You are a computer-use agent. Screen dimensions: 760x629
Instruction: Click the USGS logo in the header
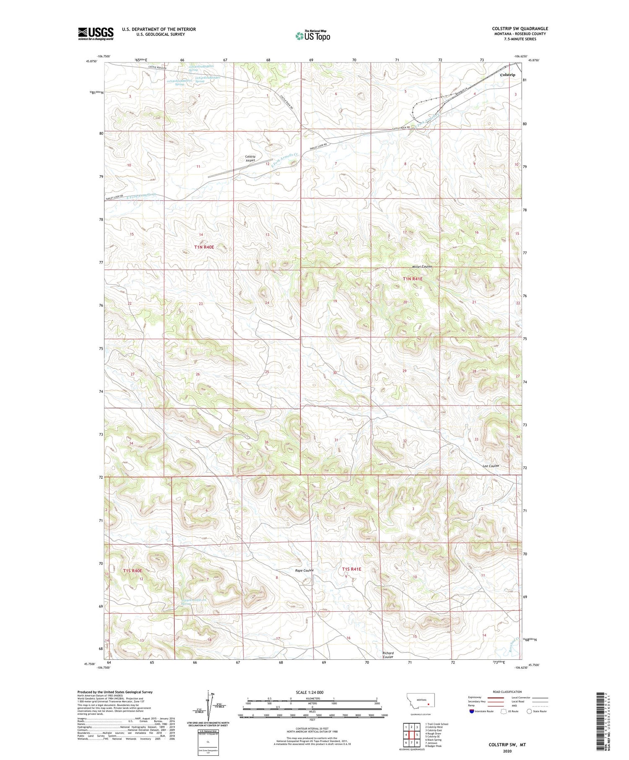tap(96, 34)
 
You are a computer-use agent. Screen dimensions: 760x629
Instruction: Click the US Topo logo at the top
tap(312, 36)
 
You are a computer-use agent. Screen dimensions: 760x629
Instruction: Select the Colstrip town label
tap(507, 75)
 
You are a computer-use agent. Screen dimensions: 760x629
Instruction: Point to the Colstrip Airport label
tap(250, 158)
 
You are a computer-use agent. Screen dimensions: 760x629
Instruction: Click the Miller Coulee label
tap(421, 267)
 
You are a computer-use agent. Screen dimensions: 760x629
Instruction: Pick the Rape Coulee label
tap(304, 571)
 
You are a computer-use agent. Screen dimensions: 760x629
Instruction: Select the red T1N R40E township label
tap(204, 247)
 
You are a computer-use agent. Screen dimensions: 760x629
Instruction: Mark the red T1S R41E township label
tap(351, 569)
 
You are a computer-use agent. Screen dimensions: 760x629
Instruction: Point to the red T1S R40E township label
tap(133, 571)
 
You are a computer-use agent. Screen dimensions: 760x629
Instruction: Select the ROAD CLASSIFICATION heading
tap(507, 692)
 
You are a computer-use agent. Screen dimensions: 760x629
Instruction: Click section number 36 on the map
tap(266, 442)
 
